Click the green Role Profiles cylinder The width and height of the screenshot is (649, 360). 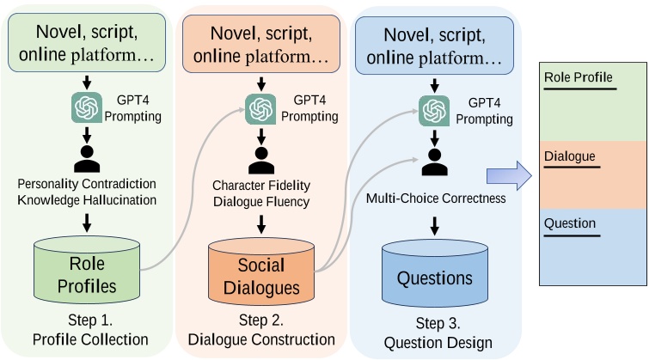pos(87,270)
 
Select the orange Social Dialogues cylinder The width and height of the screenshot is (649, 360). pos(261,272)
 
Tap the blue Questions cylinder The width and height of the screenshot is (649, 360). pos(435,273)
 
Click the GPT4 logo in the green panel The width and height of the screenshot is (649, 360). pos(87,107)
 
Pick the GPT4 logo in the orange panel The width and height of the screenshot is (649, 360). pos(260,109)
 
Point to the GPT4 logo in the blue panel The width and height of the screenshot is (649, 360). pos(434,111)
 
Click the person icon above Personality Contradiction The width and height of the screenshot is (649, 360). pos(87,158)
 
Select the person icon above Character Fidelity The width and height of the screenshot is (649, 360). pos(261,160)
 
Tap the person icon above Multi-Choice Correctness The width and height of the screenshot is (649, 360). pos(435,162)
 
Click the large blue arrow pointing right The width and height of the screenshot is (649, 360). pos(509,176)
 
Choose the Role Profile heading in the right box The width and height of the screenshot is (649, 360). pos(579,77)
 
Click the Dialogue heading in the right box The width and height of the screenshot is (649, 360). pos(570,156)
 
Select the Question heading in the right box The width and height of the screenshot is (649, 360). pos(570,223)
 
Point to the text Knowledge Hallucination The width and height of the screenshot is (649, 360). pos(87,200)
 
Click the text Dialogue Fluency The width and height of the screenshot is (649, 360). pos(261,202)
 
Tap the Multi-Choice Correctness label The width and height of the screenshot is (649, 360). pos(436,198)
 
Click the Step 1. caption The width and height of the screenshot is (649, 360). pos(90,320)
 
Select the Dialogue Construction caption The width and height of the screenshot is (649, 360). pos(261,339)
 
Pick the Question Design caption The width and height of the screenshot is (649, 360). pos(438,343)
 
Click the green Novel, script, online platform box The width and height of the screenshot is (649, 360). pos(87,43)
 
